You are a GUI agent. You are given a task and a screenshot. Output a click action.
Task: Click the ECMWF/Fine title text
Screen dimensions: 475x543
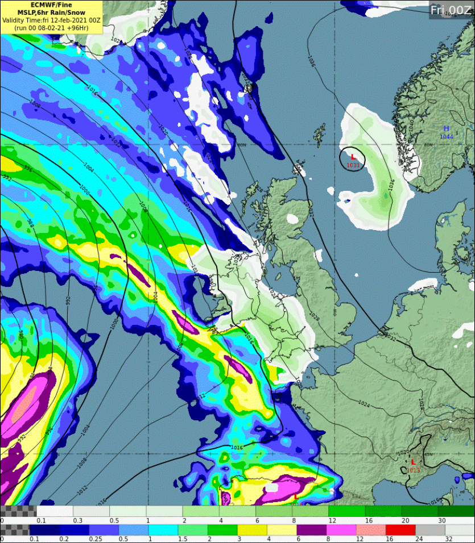coord(51,5)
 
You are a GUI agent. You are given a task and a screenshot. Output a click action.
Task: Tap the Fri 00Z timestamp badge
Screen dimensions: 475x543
coord(451,10)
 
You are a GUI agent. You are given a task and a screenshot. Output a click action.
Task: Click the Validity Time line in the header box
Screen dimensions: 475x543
coord(51,20)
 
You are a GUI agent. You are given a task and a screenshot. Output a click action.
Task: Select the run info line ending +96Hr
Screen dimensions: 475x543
coord(51,27)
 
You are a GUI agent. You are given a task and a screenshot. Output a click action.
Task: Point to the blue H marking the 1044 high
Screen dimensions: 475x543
coord(446,129)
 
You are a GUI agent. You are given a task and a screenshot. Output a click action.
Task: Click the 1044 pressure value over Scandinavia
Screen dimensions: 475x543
coord(446,136)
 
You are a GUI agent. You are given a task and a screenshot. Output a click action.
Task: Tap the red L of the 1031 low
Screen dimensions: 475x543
coord(353,157)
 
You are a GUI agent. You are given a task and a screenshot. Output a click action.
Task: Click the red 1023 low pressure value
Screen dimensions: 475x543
coord(413,470)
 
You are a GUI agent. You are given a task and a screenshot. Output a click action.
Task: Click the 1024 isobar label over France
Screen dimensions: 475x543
coord(364,405)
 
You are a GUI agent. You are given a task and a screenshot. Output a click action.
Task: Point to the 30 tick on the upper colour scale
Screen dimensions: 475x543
coord(442,520)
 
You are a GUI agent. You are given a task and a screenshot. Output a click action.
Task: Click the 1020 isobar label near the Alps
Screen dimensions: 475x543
coord(402,453)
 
